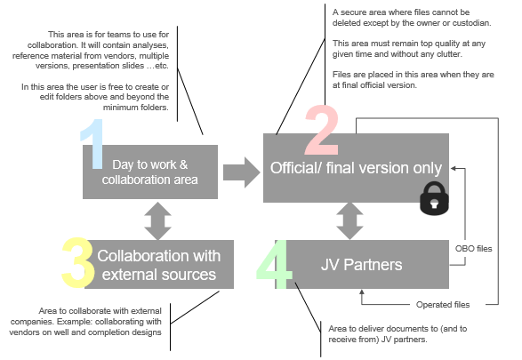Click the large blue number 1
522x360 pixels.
92,144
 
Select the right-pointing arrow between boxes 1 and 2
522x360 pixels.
237,170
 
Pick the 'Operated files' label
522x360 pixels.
441,305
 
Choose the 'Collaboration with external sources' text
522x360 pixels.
157,264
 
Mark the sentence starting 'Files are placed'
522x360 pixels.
411,80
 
